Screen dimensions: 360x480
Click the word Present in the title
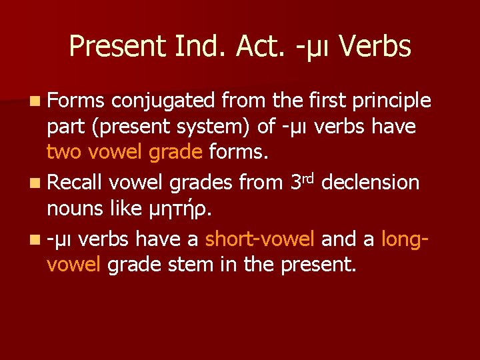coord(117,47)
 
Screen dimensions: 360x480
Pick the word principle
coord(391,101)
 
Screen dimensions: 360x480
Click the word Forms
coord(75,101)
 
